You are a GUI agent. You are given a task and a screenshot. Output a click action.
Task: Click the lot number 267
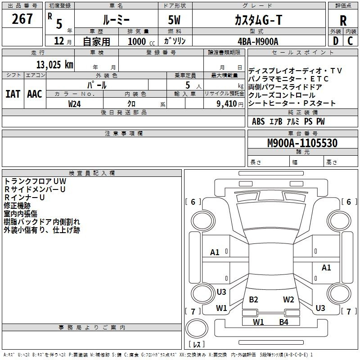(22, 19)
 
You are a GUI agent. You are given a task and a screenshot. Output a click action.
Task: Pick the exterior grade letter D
(336, 40)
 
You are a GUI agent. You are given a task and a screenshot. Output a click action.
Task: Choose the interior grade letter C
(351, 40)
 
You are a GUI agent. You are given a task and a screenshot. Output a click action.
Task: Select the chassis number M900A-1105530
(302, 143)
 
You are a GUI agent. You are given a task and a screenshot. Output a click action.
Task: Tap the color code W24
(75, 103)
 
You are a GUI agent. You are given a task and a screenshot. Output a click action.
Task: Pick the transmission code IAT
(13, 94)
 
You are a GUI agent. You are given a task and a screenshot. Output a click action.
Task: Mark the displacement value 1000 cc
(140, 41)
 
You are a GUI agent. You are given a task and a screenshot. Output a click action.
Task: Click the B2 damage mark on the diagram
(253, 300)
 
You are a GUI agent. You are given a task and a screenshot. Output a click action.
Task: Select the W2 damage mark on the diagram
(288, 300)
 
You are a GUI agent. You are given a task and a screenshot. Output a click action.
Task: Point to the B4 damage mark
(283, 322)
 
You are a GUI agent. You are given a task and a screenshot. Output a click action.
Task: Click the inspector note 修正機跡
(17, 205)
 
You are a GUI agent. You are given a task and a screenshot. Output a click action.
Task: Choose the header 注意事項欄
(123, 134)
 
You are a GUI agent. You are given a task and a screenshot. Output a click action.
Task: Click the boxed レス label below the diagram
(196, 344)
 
